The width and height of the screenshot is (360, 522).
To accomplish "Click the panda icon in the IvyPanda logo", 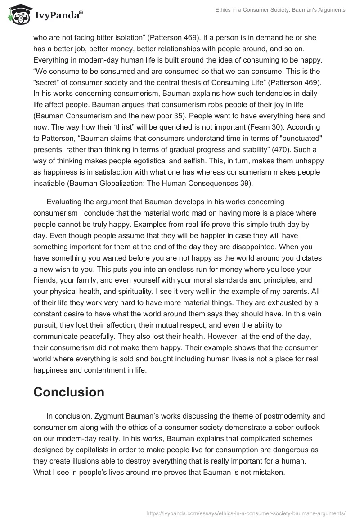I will coord(18,15).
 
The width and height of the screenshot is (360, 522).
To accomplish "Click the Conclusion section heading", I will coord(69,391).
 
